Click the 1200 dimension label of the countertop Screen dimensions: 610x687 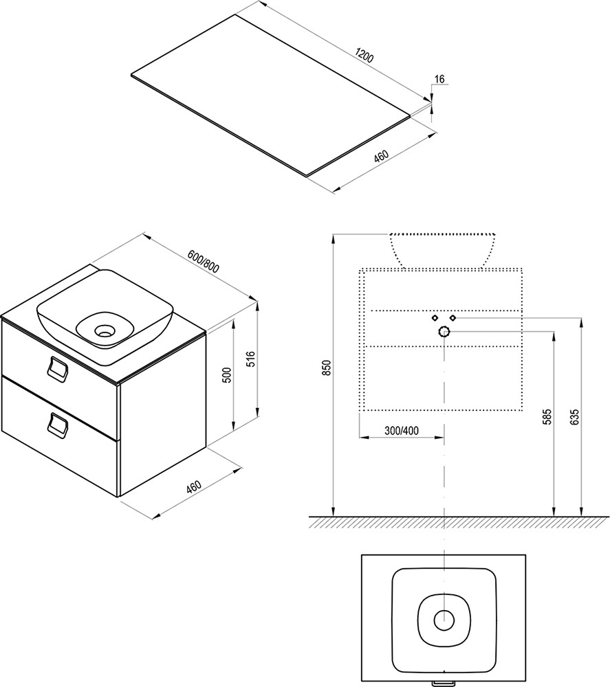pos(364,56)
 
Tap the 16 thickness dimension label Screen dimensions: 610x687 pos(439,79)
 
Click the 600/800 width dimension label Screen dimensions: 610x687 pos(203,262)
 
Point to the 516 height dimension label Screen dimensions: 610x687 pos(251,360)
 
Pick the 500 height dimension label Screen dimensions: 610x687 pos(227,375)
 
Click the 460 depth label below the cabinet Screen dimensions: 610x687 pos(193,488)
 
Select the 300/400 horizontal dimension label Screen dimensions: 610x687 pos(402,431)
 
